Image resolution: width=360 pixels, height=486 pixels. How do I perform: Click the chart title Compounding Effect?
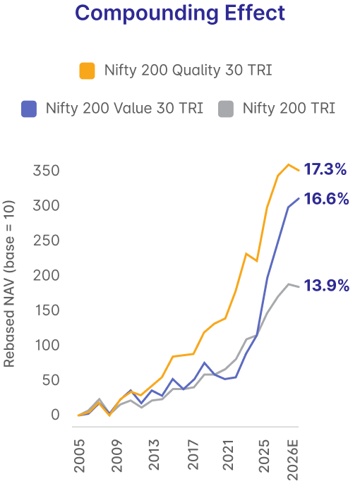[180, 13]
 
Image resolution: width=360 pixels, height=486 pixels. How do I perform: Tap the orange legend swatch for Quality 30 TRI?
[87, 71]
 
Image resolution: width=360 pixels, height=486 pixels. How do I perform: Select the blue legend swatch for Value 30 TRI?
[29, 109]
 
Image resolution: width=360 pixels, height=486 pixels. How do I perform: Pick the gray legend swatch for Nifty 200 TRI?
[226, 109]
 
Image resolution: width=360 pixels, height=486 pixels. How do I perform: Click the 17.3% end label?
[325, 169]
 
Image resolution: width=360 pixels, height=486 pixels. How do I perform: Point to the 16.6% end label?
[326, 199]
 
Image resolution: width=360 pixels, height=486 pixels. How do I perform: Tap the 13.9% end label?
[327, 286]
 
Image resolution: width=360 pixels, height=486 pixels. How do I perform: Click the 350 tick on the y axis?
[46, 171]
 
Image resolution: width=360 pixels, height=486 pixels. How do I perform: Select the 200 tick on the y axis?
[46, 275]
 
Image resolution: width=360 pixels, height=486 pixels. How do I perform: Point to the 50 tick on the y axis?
[51, 380]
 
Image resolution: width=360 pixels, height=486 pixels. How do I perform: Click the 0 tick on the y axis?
[55, 415]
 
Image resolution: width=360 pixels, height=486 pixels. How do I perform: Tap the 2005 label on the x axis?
[80, 455]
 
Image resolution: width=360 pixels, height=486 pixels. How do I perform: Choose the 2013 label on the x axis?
[153, 455]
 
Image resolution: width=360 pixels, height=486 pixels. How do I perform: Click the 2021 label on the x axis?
[228, 455]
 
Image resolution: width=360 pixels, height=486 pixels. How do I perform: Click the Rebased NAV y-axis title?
[9, 284]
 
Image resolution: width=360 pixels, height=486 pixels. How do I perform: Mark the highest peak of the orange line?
[289, 164]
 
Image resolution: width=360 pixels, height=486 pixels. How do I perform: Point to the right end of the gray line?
[299, 287]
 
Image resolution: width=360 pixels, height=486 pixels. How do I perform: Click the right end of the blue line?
[299, 198]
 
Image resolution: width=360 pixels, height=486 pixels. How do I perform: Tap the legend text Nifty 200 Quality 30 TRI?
[188, 71]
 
